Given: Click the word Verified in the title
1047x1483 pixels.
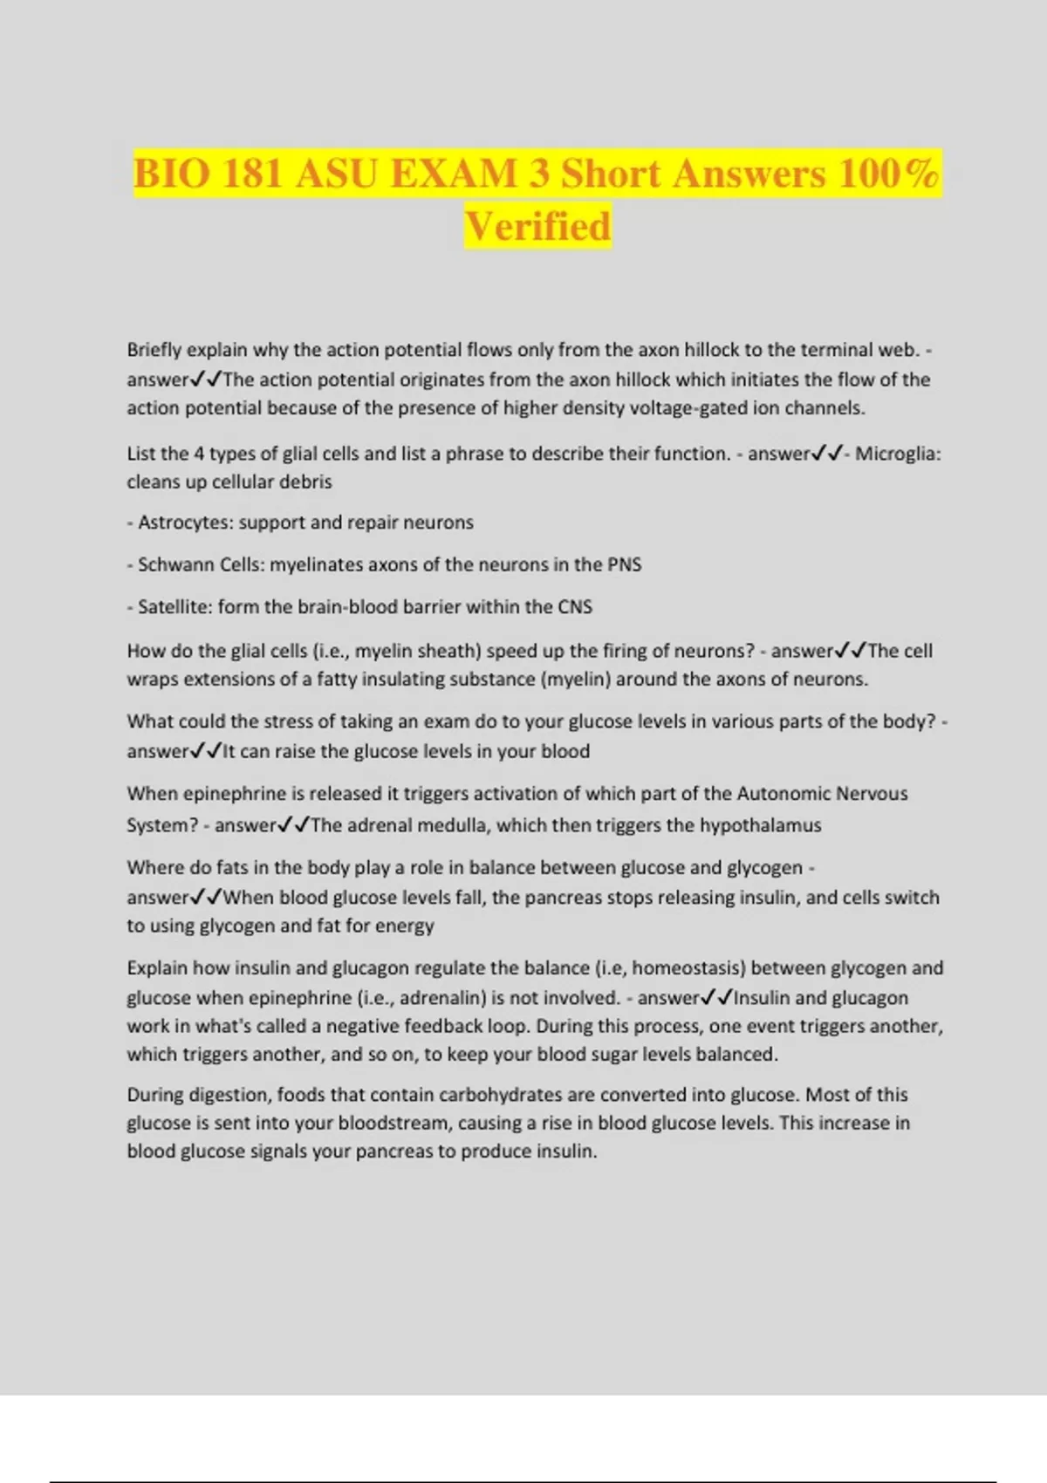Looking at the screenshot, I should (537, 226).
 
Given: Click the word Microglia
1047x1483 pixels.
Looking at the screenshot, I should (898, 454).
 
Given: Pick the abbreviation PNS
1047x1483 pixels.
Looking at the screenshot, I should (624, 564).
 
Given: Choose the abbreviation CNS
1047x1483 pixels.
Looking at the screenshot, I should (574, 607).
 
